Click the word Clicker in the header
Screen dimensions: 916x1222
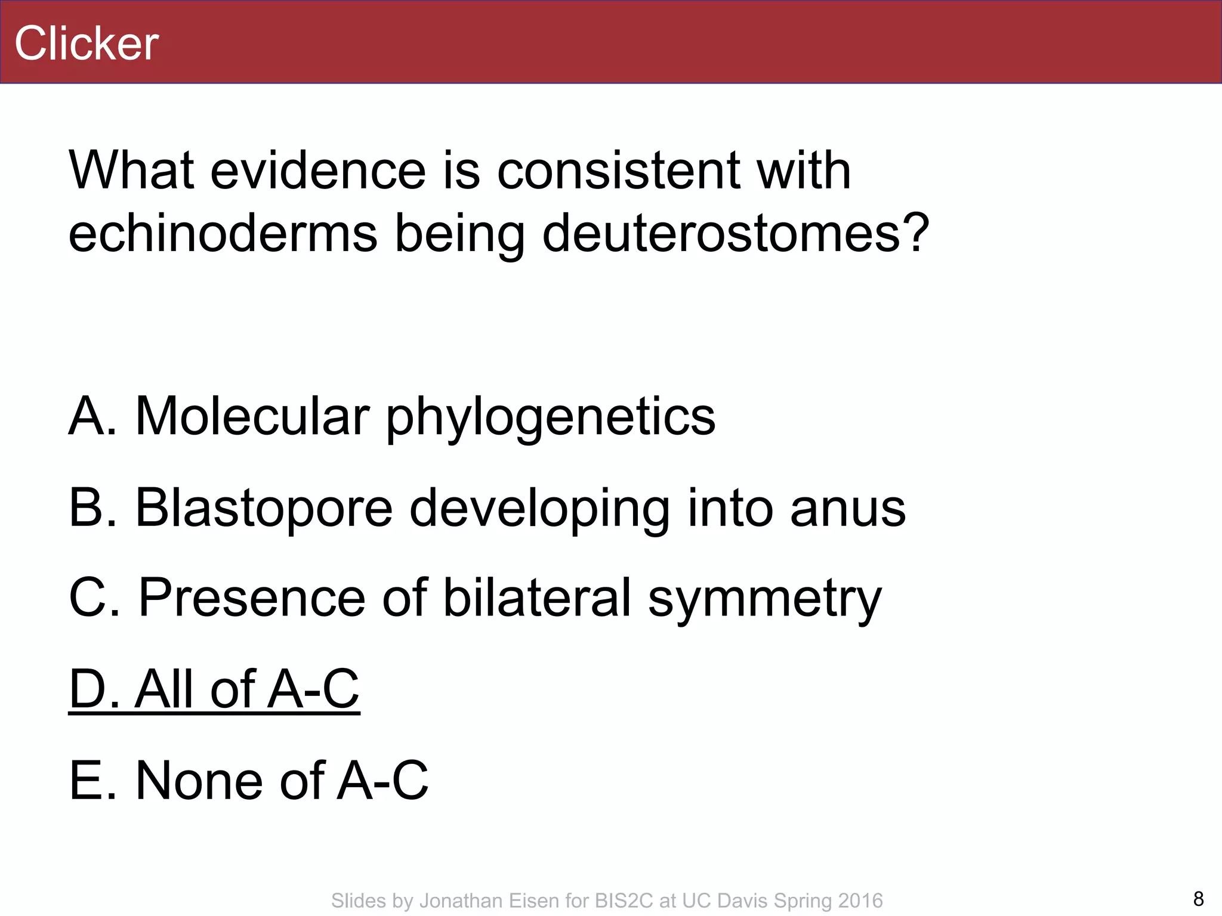coord(87,44)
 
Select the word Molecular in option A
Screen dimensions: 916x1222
coord(252,416)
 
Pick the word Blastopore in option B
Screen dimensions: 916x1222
coord(264,507)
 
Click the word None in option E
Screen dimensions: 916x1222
coord(199,781)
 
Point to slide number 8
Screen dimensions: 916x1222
coord(1198,898)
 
